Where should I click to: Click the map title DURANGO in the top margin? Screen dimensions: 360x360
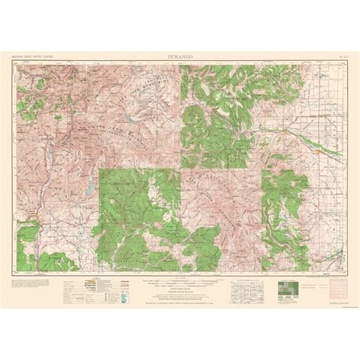point(180,55)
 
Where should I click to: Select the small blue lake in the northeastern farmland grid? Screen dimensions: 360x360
point(321,76)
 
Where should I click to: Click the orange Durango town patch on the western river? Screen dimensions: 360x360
point(37,217)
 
